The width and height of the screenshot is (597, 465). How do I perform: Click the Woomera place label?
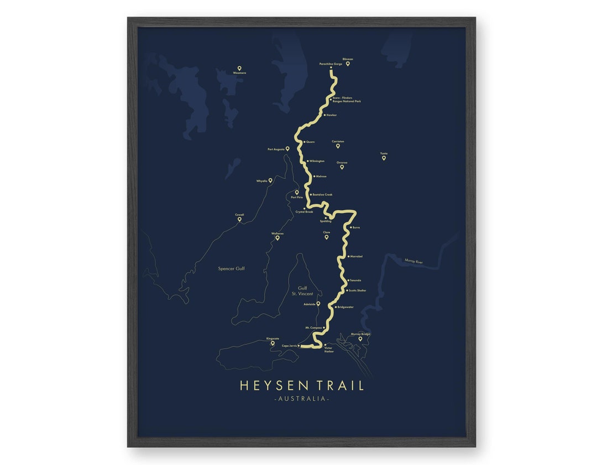pyautogui.click(x=239, y=73)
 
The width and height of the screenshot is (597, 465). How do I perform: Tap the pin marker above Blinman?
pyautogui.click(x=348, y=64)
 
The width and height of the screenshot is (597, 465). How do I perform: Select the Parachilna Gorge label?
pyautogui.click(x=331, y=64)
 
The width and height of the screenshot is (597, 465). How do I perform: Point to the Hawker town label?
pyautogui.click(x=332, y=115)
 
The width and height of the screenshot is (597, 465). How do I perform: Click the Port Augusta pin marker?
pyautogui.click(x=287, y=149)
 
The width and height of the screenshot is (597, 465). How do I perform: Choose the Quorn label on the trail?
pyautogui.click(x=310, y=142)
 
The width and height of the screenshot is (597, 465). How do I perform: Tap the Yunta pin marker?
pyautogui.click(x=384, y=158)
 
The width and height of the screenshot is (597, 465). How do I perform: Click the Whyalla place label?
pyautogui.click(x=261, y=181)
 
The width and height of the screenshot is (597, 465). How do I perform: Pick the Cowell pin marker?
pyautogui.click(x=239, y=219)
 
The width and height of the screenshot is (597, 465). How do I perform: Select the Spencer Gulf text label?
pyautogui.click(x=231, y=269)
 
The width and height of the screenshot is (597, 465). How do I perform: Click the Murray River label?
pyautogui.click(x=413, y=262)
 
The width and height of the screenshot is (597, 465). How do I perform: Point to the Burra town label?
pyautogui.click(x=356, y=228)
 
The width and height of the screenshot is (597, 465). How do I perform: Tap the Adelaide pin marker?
pyautogui.click(x=318, y=304)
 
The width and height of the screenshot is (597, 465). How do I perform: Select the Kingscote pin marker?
pyautogui.click(x=273, y=343)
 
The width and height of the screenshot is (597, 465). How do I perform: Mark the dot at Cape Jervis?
pyautogui.click(x=299, y=346)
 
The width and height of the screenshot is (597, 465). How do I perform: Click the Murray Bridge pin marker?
pyautogui.click(x=360, y=339)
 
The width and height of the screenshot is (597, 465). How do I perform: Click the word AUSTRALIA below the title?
pyautogui.click(x=301, y=399)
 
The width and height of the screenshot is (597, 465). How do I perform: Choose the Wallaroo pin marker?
pyautogui.click(x=277, y=238)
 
